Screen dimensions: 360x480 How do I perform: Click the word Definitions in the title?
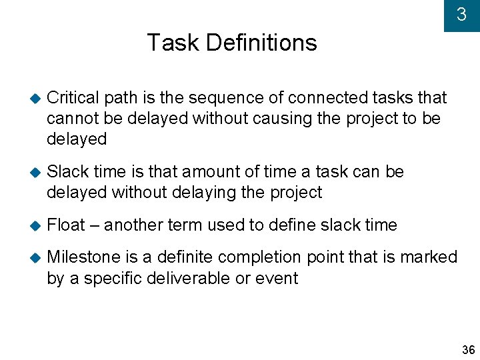click(261, 43)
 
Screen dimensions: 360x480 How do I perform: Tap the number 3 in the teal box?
click(461, 15)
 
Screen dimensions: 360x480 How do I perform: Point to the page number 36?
click(469, 350)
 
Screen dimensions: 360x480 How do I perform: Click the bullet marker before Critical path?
click(35, 98)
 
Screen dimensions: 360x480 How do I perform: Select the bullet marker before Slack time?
click(35, 172)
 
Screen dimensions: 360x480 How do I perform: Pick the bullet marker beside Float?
click(35, 225)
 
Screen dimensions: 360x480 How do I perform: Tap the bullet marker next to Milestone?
click(35, 257)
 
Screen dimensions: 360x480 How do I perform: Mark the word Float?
click(66, 225)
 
